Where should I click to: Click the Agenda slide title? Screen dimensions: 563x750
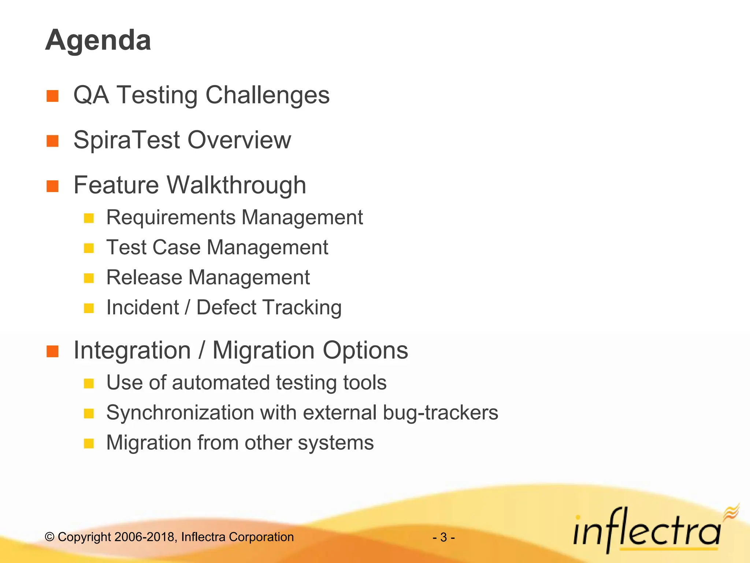pos(98,40)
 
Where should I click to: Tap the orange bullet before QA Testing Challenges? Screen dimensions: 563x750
pos(53,96)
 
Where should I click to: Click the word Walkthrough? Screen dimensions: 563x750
pos(237,185)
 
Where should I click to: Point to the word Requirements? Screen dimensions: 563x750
pos(171,217)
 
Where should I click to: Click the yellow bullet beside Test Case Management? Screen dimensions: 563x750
pos(89,249)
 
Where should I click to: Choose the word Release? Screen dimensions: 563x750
pos(144,277)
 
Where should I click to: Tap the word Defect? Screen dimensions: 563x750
pos(226,307)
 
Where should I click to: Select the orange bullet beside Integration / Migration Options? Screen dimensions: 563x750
pos(53,351)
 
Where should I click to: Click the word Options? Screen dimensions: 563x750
pos(365,350)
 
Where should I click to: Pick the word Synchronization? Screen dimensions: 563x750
pos(180,413)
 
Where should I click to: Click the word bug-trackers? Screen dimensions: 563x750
pos(441,413)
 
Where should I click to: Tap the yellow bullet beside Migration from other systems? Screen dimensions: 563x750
pos(89,444)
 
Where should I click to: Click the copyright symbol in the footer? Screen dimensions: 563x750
pos(49,537)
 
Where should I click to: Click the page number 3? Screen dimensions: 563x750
pos(443,537)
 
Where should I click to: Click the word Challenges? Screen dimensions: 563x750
pos(267,95)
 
